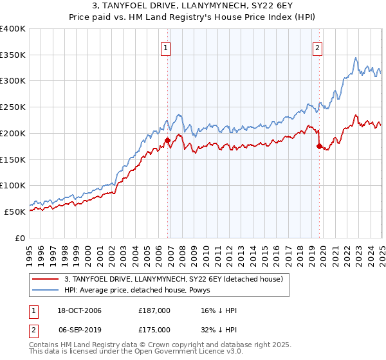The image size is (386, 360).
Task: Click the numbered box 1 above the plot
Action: [166, 47]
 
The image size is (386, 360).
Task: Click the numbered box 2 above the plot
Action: [318, 47]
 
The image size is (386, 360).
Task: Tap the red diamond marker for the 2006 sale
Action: [167, 139]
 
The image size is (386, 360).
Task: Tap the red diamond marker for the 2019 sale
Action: [319, 146]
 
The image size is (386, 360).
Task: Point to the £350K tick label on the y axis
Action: [13, 55]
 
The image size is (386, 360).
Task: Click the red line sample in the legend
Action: [46, 279]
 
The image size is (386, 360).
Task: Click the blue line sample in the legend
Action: [46, 290]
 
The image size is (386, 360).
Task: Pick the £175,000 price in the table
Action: [154, 329]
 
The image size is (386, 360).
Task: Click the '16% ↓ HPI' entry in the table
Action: [219, 310]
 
